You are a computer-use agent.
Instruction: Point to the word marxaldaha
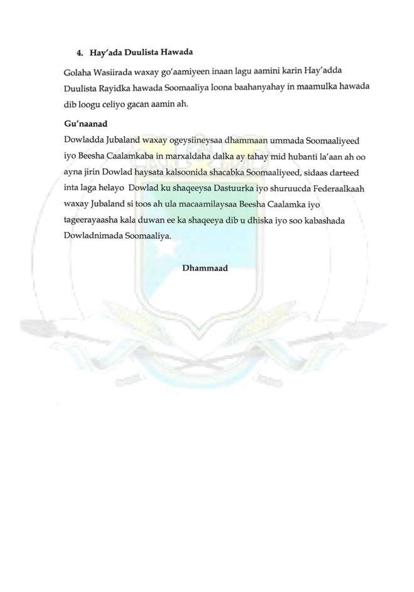[173, 155]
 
